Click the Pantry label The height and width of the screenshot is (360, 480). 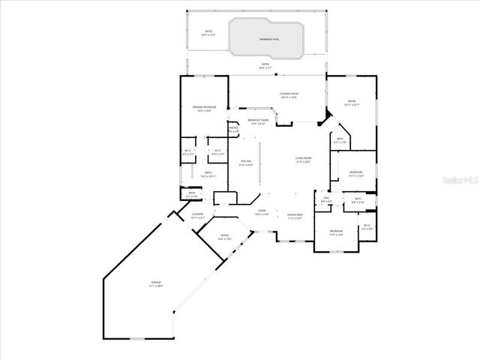point(233,129)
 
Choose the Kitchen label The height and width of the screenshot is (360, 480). point(245,163)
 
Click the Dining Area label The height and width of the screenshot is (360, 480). point(295,216)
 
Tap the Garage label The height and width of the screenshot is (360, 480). point(155,283)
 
